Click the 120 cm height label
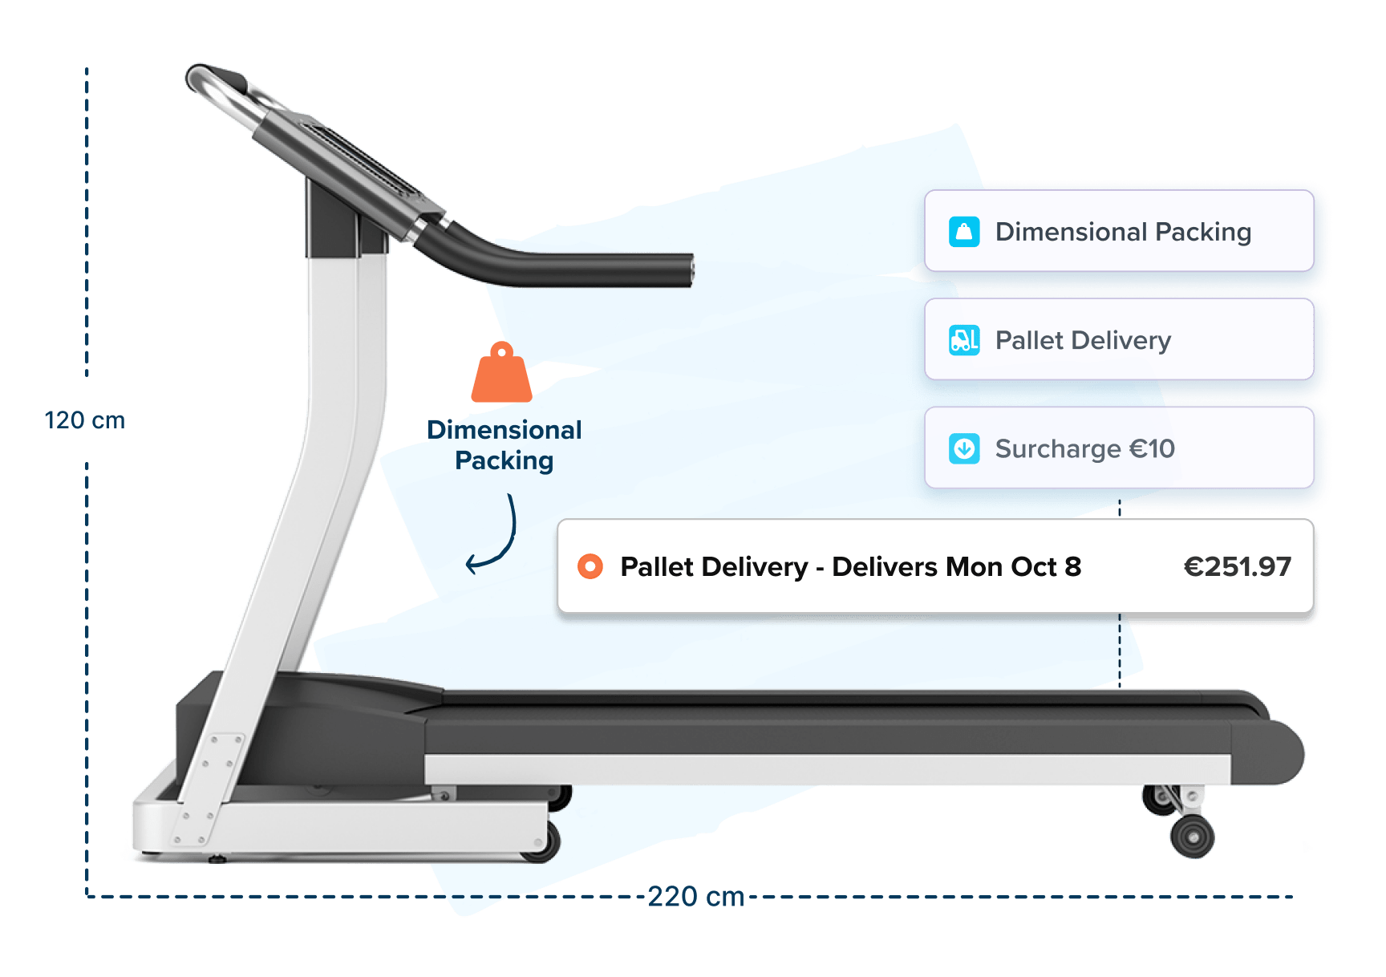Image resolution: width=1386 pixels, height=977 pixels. [84, 420]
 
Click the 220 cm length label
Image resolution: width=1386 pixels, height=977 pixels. [695, 896]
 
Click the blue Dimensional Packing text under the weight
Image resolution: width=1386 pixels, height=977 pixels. [504, 445]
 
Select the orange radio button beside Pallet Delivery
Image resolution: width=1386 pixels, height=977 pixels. [590, 567]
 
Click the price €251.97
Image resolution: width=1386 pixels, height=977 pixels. [1237, 567]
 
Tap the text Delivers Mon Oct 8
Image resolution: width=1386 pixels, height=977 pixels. [956, 567]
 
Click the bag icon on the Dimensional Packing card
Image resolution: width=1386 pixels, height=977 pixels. [964, 232]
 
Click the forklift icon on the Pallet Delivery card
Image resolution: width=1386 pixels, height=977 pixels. [964, 340]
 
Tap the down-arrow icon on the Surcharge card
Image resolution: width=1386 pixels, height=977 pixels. [964, 448]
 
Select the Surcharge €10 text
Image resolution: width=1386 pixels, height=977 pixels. [1084, 448]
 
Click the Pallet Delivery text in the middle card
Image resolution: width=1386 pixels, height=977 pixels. [1083, 340]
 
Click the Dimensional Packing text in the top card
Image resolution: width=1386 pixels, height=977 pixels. [1123, 232]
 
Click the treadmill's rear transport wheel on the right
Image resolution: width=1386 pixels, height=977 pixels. [1193, 837]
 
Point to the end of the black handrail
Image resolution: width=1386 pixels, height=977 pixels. [687, 270]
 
